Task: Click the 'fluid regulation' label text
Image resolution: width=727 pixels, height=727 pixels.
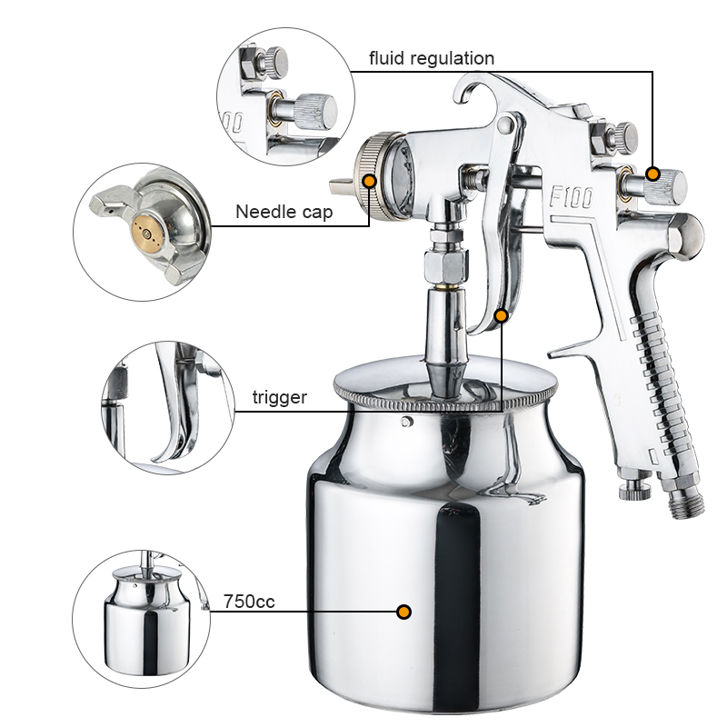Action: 432,59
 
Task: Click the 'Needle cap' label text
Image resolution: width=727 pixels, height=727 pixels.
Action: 284,212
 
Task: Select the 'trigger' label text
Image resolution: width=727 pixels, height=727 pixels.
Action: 280,397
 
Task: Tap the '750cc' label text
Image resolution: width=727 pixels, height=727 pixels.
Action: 249,602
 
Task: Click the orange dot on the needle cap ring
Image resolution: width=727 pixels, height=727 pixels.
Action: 370,181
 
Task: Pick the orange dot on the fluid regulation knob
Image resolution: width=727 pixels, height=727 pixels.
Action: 652,174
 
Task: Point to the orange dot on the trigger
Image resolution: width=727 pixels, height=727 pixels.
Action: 502,316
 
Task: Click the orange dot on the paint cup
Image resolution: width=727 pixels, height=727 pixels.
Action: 403,612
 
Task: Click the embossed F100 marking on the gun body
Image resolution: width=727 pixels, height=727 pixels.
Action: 572,196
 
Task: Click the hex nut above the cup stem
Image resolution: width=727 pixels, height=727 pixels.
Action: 445,265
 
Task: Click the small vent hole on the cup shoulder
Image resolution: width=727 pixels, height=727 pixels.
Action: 406,422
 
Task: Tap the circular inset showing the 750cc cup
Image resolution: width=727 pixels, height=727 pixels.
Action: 142,619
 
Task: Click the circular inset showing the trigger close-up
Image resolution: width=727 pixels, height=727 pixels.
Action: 168,408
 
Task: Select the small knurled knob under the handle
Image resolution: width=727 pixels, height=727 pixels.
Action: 635,490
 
